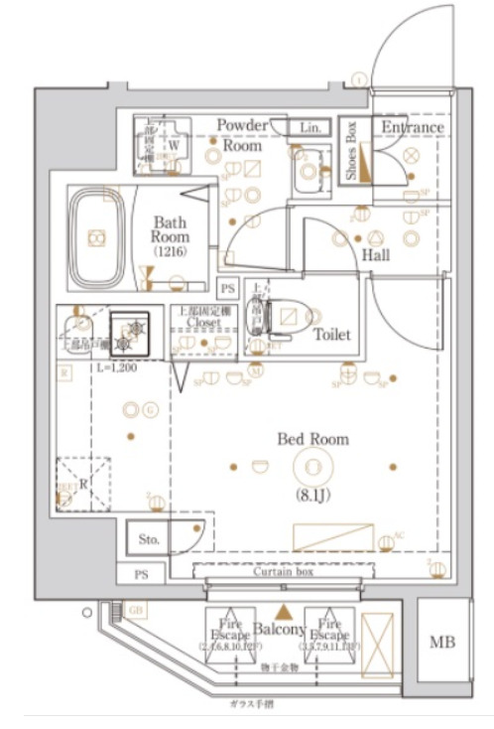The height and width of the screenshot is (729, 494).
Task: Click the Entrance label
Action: (412, 127)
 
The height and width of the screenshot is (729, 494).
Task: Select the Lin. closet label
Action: (311, 127)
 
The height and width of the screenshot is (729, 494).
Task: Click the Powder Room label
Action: (242, 135)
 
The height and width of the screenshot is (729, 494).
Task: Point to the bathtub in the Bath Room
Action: (97, 237)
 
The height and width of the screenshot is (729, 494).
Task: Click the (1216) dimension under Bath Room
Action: (170, 253)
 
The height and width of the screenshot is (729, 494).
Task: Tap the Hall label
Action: (375, 255)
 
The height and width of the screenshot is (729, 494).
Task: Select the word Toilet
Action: (331, 335)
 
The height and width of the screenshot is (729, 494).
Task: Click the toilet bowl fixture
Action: (288, 317)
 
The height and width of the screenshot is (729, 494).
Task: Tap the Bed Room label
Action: (312, 438)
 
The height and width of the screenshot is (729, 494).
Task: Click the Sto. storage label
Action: (149, 540)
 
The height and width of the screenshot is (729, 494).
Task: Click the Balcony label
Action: (277, 630)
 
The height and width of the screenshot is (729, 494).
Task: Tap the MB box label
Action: (441, 643)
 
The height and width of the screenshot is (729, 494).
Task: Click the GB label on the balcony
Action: (136, 611)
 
